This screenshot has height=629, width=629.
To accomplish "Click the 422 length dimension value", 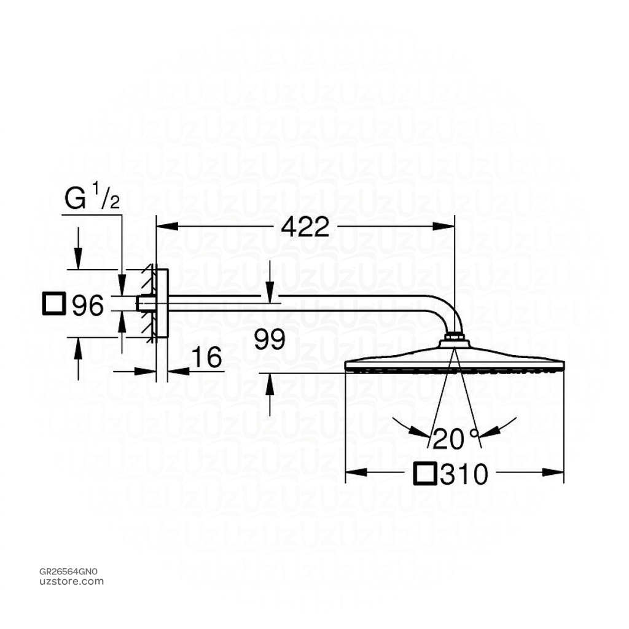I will click(x=305, y=227).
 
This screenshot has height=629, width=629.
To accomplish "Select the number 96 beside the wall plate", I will click(x=88, y=305).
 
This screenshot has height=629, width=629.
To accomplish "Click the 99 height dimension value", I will click(x=270, y=340).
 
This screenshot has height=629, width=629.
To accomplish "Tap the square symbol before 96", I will click(x=54, y=304).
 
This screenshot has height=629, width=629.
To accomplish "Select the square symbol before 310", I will click(x=427, y=474).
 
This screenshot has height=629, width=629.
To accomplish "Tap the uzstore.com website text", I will click(x=71, y=581).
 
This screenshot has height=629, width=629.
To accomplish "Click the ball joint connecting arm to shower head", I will click(x=454, y=337).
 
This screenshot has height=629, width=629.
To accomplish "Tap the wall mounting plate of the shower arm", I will click(x=162, y=303).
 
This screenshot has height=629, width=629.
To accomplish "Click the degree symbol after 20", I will click(x=474, y=432).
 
